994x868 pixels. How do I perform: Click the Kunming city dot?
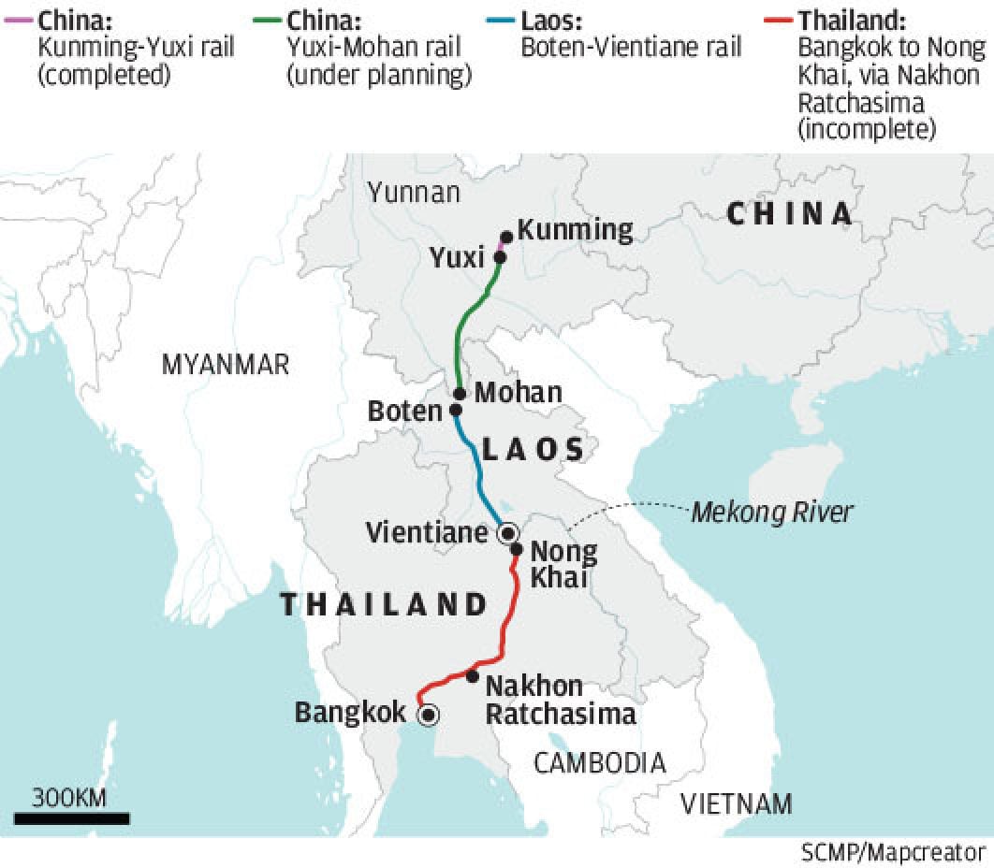coord(506,238)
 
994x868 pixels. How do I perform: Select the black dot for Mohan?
coord(460,394)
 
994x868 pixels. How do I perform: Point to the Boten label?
coord(404,412)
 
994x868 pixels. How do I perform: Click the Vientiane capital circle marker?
coord(508,533)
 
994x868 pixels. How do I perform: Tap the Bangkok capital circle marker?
coord(429,716)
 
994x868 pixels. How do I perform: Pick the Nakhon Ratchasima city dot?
coord(472,675)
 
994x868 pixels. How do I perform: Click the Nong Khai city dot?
coord(516,549)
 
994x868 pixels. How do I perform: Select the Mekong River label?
coord(772,513)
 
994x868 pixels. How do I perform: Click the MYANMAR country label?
coord(226,365)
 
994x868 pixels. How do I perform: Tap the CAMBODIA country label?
coord(600,763)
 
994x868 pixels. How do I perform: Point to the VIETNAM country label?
coord(736,803)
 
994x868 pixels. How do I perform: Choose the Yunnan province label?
coord(414,193)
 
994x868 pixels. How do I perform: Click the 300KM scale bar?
coord(71,818)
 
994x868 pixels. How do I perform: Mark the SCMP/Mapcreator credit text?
coord(892,853)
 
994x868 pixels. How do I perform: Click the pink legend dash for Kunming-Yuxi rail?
coord(19,18)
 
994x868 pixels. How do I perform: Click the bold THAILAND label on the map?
coord(385,604)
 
